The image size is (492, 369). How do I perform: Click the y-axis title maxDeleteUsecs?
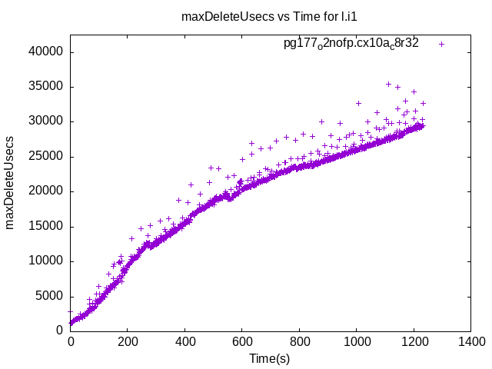coord(11,183)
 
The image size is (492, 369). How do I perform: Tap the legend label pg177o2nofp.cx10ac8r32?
coord(351,44)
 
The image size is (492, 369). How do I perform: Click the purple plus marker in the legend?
coord(441,44)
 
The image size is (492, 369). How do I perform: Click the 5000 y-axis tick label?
coord(50,297)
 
